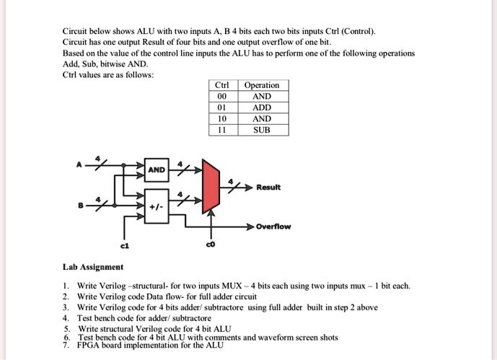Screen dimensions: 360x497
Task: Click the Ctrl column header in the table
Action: pyautogui.click(x=221, y=85)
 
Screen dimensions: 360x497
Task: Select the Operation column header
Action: pyautogui.click(x=262, y=85)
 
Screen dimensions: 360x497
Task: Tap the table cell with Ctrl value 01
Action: pyautogui.click(x=221, y=107)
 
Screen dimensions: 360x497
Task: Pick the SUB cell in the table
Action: pyautogui.click(x=262, y=130)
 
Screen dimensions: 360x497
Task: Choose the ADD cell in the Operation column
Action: pyautogui.click(x=262, y=107)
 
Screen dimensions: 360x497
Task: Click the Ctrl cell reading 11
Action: pyautogui.click(x=221, y=130)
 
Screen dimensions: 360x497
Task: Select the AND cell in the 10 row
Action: pyautogui.click(x=262, y=118)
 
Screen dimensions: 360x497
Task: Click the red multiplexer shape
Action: pyautogui.click(x=211, y=187)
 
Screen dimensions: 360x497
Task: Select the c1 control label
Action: pyautogui.click(x=124, y=245)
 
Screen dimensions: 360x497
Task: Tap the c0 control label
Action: pyautogui.click(x=211, y=245)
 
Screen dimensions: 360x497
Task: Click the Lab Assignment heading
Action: pyautogui.click(x=92, y=266)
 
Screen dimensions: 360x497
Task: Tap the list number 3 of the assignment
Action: pyautogui.click(x=66, y=307)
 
